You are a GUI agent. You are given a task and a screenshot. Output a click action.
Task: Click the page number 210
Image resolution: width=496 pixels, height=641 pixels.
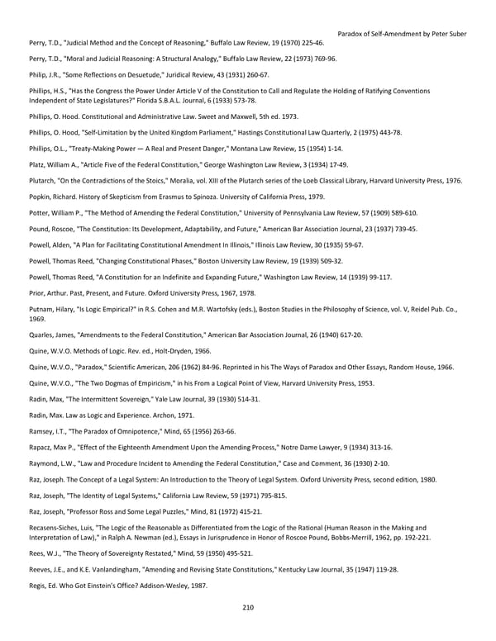point(248,608)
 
